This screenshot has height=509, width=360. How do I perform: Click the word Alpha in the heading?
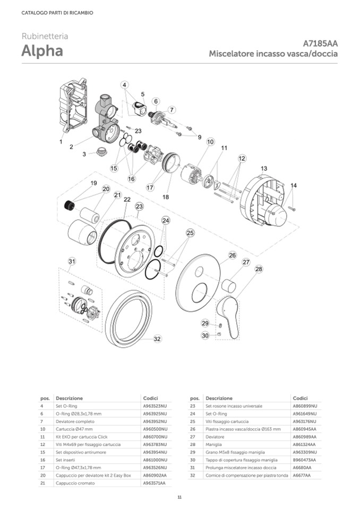click(42, 51)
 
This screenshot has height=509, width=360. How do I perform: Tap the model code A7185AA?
click(320, 44)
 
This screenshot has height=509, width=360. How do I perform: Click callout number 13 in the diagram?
click(264, 168)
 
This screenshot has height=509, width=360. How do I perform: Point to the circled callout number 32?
click(157, 339)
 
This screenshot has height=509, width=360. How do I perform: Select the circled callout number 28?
click(259, 269)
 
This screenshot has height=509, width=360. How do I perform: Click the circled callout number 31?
click(72, 261)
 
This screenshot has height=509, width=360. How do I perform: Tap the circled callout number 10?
click(210, 142)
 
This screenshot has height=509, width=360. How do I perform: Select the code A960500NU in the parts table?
click(155, 428)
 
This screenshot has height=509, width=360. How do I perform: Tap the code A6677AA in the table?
click(302, 475)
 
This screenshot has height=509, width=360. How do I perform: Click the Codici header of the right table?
click(300, 398)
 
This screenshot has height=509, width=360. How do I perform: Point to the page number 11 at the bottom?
click(179, 496)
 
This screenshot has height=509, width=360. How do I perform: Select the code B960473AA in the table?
click(304, 460)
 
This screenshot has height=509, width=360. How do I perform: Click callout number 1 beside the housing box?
click(61, 142)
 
